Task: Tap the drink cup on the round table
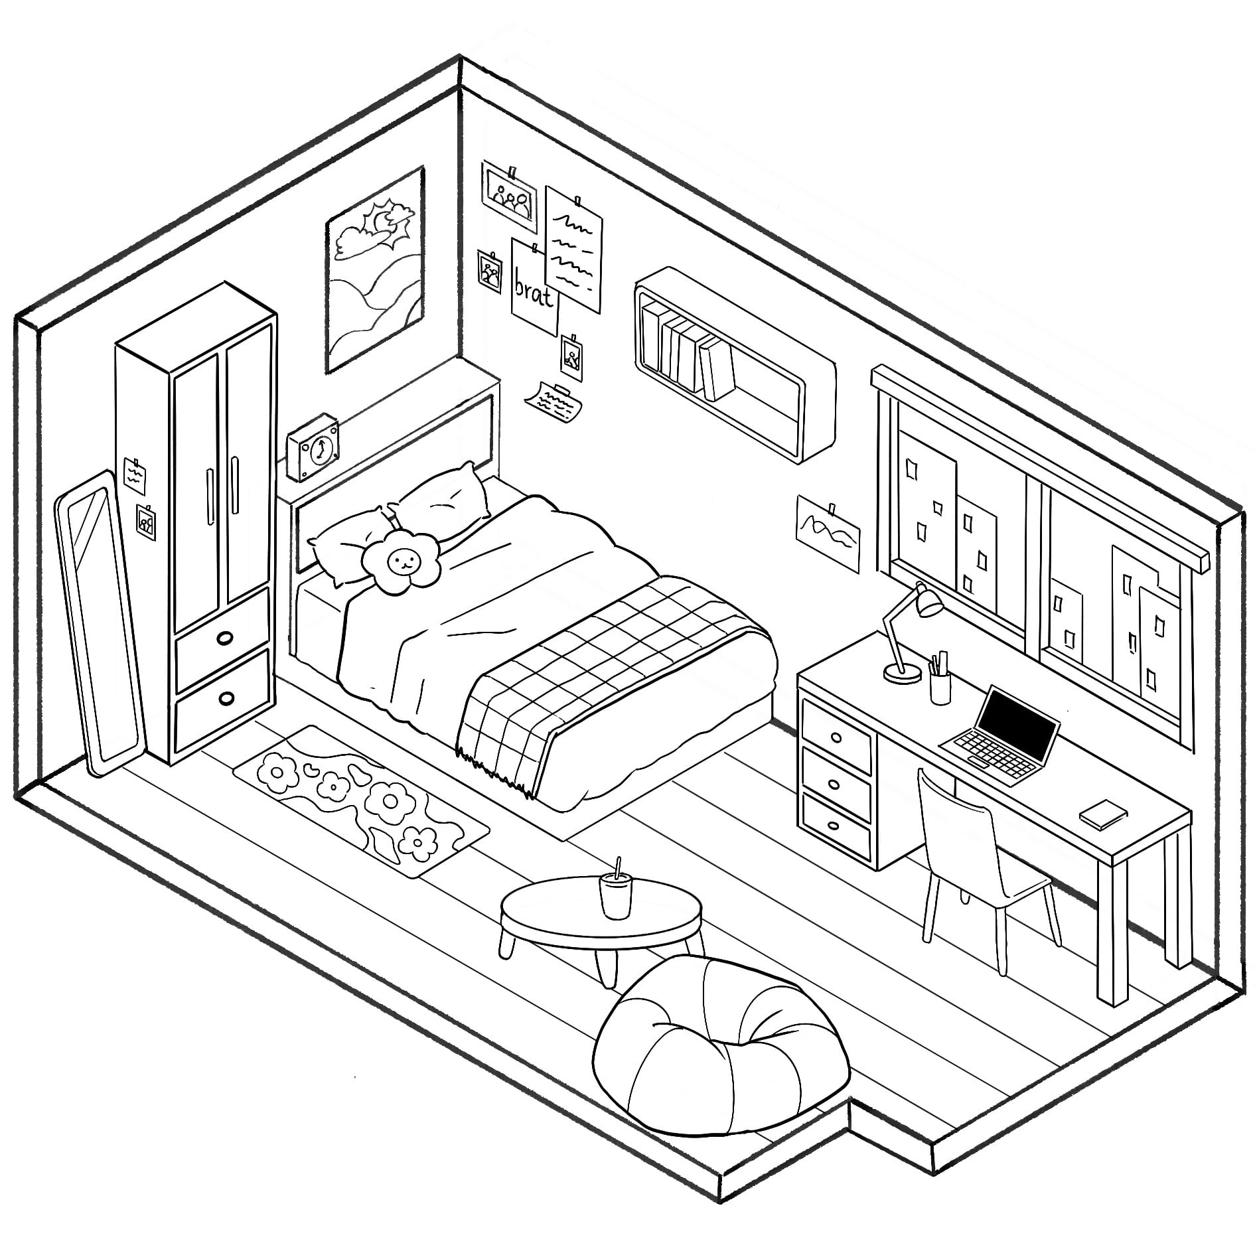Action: coord(615,897)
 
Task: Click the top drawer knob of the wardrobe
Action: coord(225,638)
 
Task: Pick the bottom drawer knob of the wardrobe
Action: coord(226,698)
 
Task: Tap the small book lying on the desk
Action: coord(1103,814)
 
